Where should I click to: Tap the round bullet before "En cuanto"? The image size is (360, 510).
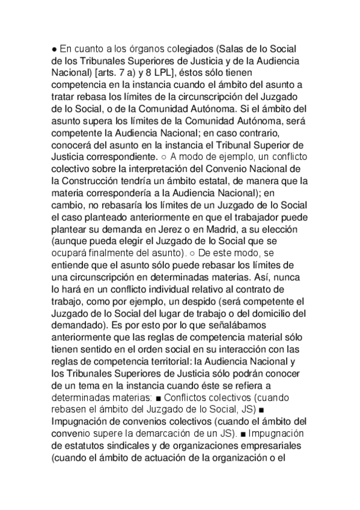pos(54,49)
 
